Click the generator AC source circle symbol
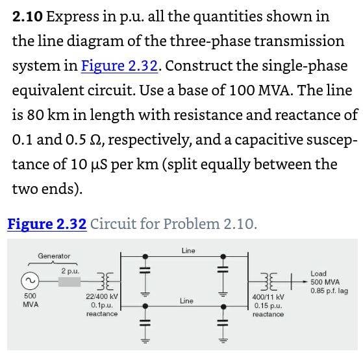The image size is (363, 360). pyautogui.click(x=30, y=281)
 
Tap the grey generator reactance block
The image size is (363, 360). pyautogui.click(x=69, y=282)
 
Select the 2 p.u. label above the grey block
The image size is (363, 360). pyautogui.click(x=70, y=271)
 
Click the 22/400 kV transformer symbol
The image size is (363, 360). pyautogui.click(x=105, y=281)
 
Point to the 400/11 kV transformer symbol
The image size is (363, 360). pyautogui.click(x=269, y=282)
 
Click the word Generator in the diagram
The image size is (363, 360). pyautogui.click(x=54, y=256)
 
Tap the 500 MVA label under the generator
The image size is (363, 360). pyautogui.click(x=31, y=300)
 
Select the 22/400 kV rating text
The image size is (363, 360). pyautogui.click(x=102, y=296)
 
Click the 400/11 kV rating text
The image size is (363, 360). pyautogui.click(x=268, y=297)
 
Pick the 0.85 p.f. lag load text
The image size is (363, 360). pyautogui.click(x=329, y=291)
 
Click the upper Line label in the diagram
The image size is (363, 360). pyautogui.click(x=188, y=250)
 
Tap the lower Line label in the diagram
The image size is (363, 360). pyautogui.click(x=186, y=301)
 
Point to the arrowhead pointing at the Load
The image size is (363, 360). pyautogui.click(x=305, y=282)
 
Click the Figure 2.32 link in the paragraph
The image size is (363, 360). pyautogui.click(x=119, y=66)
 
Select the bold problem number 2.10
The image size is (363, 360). pyautogui.click(x=27, y=17)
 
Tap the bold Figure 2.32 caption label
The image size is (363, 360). pyautogui.click(x=47, y=224)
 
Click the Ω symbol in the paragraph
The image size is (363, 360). pyautogui.click(x=95, y=139)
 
